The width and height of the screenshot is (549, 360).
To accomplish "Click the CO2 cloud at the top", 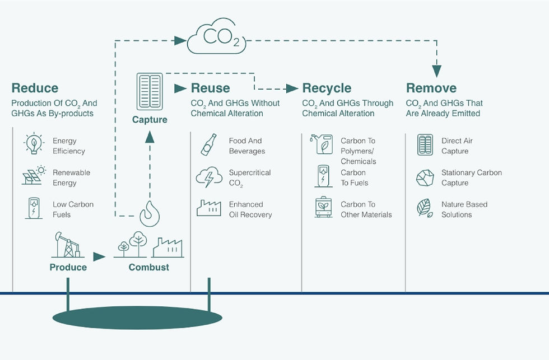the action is pyautogui.click(x=216, y=36).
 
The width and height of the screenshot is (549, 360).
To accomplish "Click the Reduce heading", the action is pyautogui.click(x=35, y=88).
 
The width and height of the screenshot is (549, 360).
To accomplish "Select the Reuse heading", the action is pyautogui.click(x=211, y=88).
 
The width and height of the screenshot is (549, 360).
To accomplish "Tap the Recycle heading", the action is pyautogui.click(x=327, y=88).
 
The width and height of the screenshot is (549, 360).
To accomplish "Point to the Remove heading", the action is pyautogui.click(x=431, y=88).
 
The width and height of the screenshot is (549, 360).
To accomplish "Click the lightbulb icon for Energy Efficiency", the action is pyautogui.click(x=34, y=143).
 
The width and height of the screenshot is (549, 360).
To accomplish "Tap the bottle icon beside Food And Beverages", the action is pyautogui.click(x=208, y=144).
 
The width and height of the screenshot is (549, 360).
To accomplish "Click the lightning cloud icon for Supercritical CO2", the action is pyautogui.click(x=209, y=177).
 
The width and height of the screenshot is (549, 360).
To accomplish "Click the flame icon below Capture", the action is pyautogui.click(x=150, y=214).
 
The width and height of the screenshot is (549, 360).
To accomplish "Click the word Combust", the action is pyautogui.click(x=149, y=267).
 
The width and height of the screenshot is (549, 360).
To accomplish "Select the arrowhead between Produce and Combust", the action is pyautogui.click(x=99, y=257).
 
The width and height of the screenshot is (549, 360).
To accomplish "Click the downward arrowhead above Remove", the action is pyautogui.click(x=436, y=71).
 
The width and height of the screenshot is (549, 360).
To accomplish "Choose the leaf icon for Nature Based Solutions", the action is pyautogui.click(x=425, y=208).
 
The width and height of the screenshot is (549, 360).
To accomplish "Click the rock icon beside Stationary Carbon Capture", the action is pyautogui.click(x=425, y=178).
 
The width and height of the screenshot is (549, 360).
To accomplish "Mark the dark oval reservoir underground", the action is pyautogui.click(x=137, y=317).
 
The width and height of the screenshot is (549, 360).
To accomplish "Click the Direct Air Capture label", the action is pyautogui.click(x=457, y=146).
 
